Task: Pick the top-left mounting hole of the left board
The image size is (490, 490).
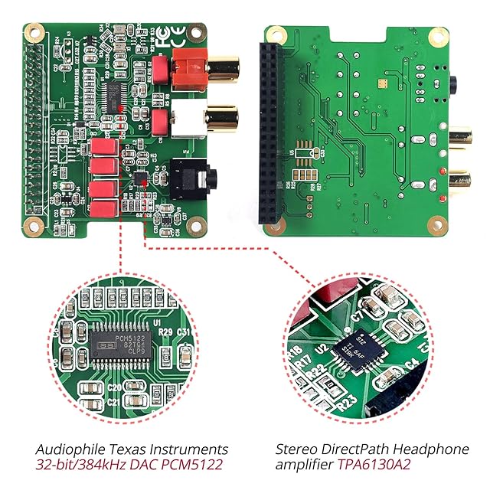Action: pos(34,32)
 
